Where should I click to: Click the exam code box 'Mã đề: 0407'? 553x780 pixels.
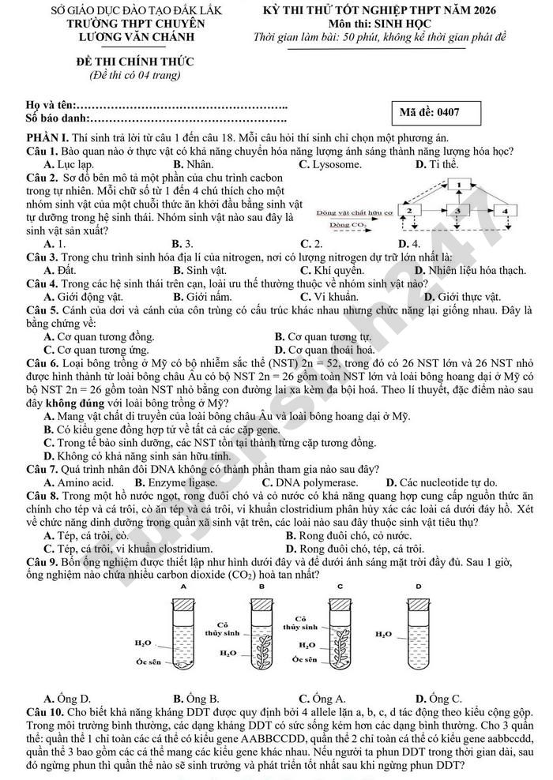[x=451, y=112]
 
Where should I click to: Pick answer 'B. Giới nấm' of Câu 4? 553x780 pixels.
[x=201, y=297]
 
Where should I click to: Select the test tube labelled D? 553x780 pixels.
[x=414, y=635]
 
